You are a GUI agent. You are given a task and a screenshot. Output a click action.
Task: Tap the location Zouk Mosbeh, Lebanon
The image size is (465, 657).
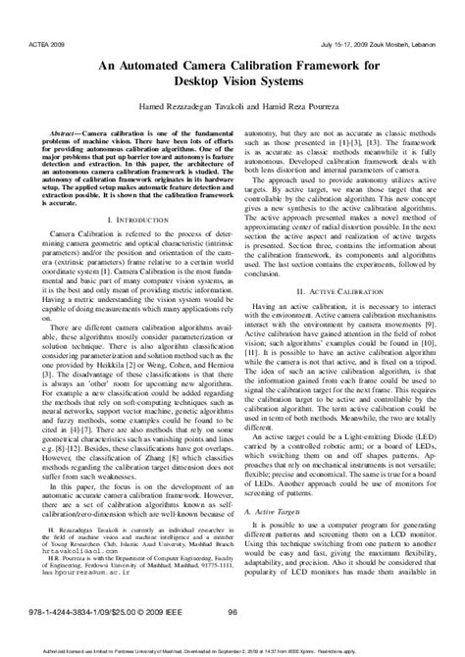(414, 17)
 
